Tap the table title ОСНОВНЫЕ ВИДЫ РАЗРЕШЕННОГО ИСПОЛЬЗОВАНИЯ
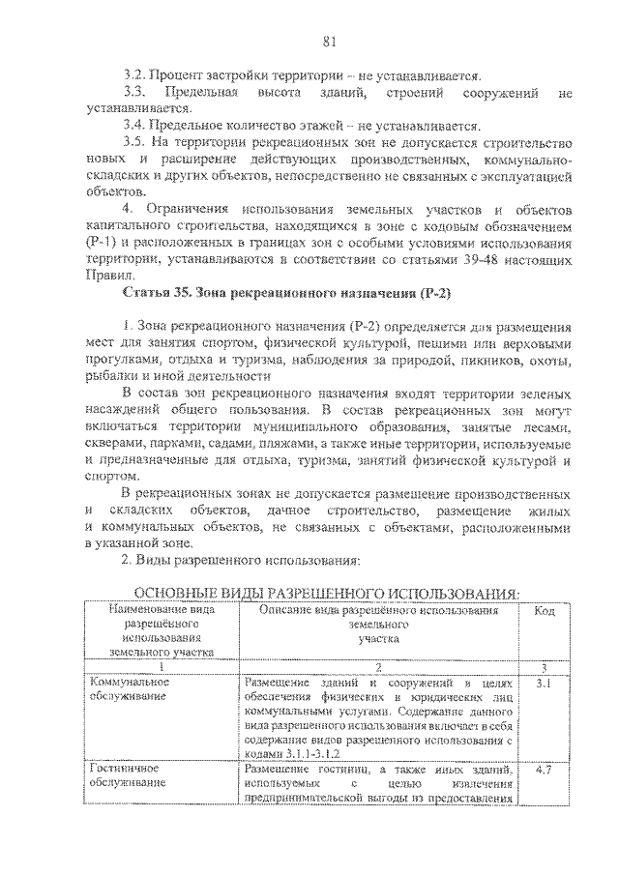coord(326,592)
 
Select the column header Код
coord(545,611)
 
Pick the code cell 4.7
coord(544,770)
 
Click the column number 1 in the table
coord(161,667)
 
